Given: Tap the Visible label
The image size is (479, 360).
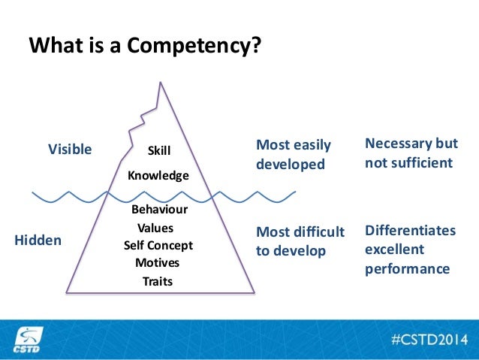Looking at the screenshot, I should pyautogui.click(x=70, y=149).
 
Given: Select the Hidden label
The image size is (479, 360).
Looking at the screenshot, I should pyautogui.click(x=38, y=240).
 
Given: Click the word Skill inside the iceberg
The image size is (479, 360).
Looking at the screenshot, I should pyautogui.click(x=159, y=151).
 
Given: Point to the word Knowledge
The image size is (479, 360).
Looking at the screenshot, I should pyautogui.click(x=158, y=175).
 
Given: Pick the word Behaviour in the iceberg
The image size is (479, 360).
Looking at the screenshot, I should pyautogui.click(x=159, y=210).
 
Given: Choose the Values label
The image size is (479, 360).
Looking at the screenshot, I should pyautogui.click(x=155, y=228).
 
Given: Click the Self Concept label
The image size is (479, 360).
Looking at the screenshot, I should pyautogui.click(x=158, y=245).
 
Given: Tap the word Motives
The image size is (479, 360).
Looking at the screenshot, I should pyautogui.click(x=158, y=263).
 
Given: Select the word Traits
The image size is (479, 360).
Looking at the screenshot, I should pyautogui.click(x=158, y=282).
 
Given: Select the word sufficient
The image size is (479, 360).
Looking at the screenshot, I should pyautogui.click(x=422, y=163).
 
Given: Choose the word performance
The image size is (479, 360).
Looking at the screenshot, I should pyautogui.click(x=407, y=268).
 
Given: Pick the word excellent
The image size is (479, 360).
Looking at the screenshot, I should pyautogui.click(x=394, y=249).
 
